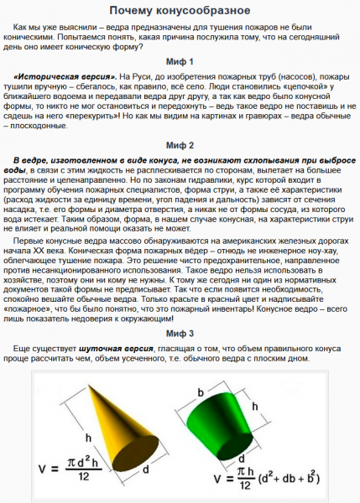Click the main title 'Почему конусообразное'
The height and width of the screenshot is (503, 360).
click(x=180, y=10)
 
